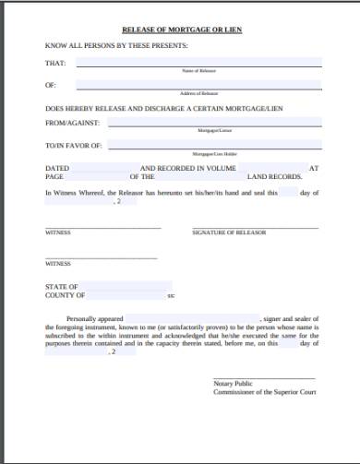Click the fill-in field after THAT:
198,63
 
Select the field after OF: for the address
198,85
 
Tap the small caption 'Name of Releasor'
198,71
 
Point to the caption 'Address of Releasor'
198,93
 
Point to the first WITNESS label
58,232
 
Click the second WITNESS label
58,264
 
